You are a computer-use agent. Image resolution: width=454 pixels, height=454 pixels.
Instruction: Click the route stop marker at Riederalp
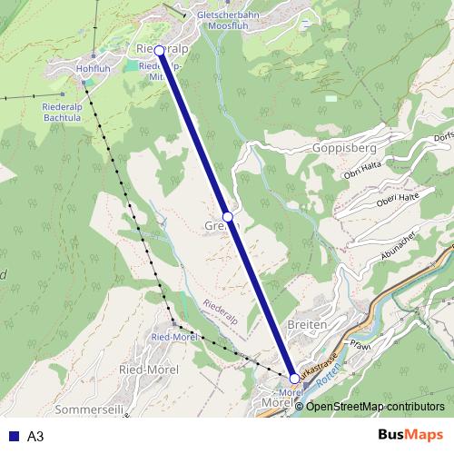(160, 51)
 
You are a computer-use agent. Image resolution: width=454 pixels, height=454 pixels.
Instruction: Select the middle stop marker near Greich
(228, 216)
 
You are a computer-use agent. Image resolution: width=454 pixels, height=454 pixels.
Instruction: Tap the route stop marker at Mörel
(294, 378)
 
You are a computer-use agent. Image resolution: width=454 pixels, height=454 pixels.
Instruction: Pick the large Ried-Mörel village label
(149, 370)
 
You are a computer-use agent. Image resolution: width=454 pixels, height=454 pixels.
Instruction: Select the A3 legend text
(35, 436)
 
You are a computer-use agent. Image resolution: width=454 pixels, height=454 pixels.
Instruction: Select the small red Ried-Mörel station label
(174, 336)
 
